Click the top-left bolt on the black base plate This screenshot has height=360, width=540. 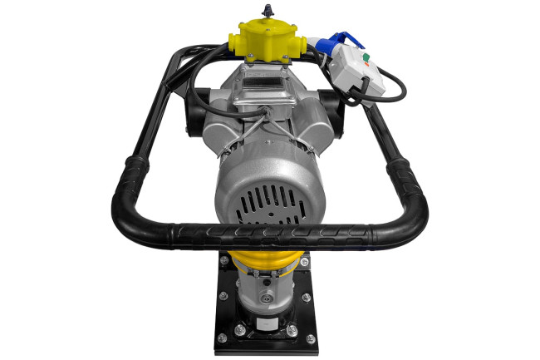224,261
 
